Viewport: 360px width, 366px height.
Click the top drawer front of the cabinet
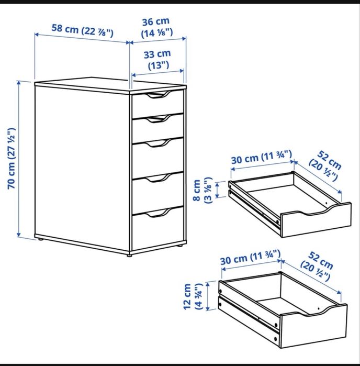click(158, 105)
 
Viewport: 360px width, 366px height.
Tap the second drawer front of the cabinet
click(158, 128)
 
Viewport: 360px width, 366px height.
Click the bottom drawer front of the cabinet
click(158, 228)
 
